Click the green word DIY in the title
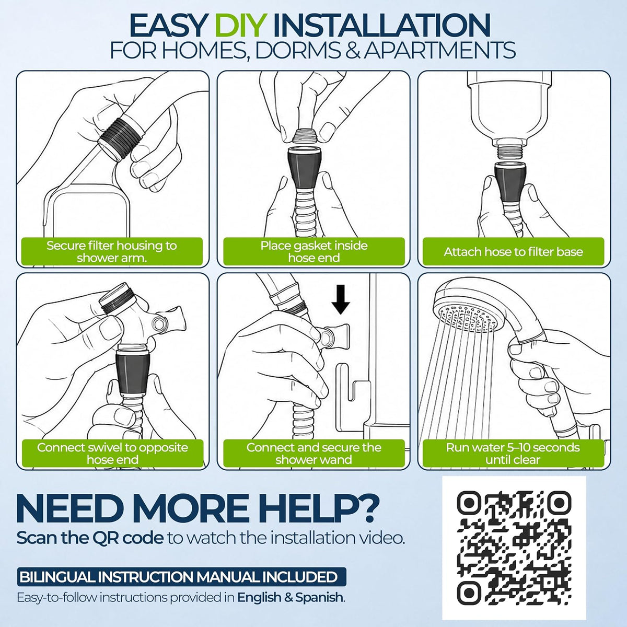click(x=241, y=26)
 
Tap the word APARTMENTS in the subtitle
click(x=439, y=50)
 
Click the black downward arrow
click(x=341, y=299)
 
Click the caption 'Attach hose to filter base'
click(x=513, y=252)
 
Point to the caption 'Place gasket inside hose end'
click(x=314, y=251)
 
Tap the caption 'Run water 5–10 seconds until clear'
click(x=513, y=454)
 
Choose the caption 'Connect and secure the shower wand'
click(x=313, y=454)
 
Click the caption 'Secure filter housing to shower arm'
click(x=112, y=251)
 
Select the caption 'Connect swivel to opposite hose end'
click(x=112, y=454)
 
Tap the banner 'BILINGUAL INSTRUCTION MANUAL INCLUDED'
click(x=181, y=577)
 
